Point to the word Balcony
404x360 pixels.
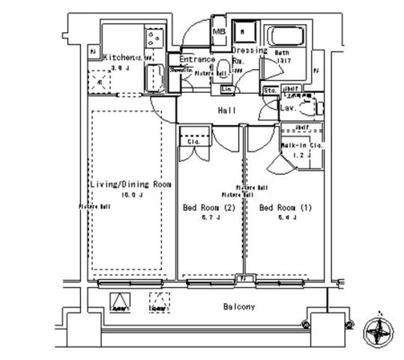point(238,307)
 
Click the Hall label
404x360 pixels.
point(227,111)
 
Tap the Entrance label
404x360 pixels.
point(197,59)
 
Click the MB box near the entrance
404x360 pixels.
point(220,32)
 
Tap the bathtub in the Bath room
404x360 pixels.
point(285,37)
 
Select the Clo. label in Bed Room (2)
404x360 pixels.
point(193,142)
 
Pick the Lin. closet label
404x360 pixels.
point(226,89)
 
